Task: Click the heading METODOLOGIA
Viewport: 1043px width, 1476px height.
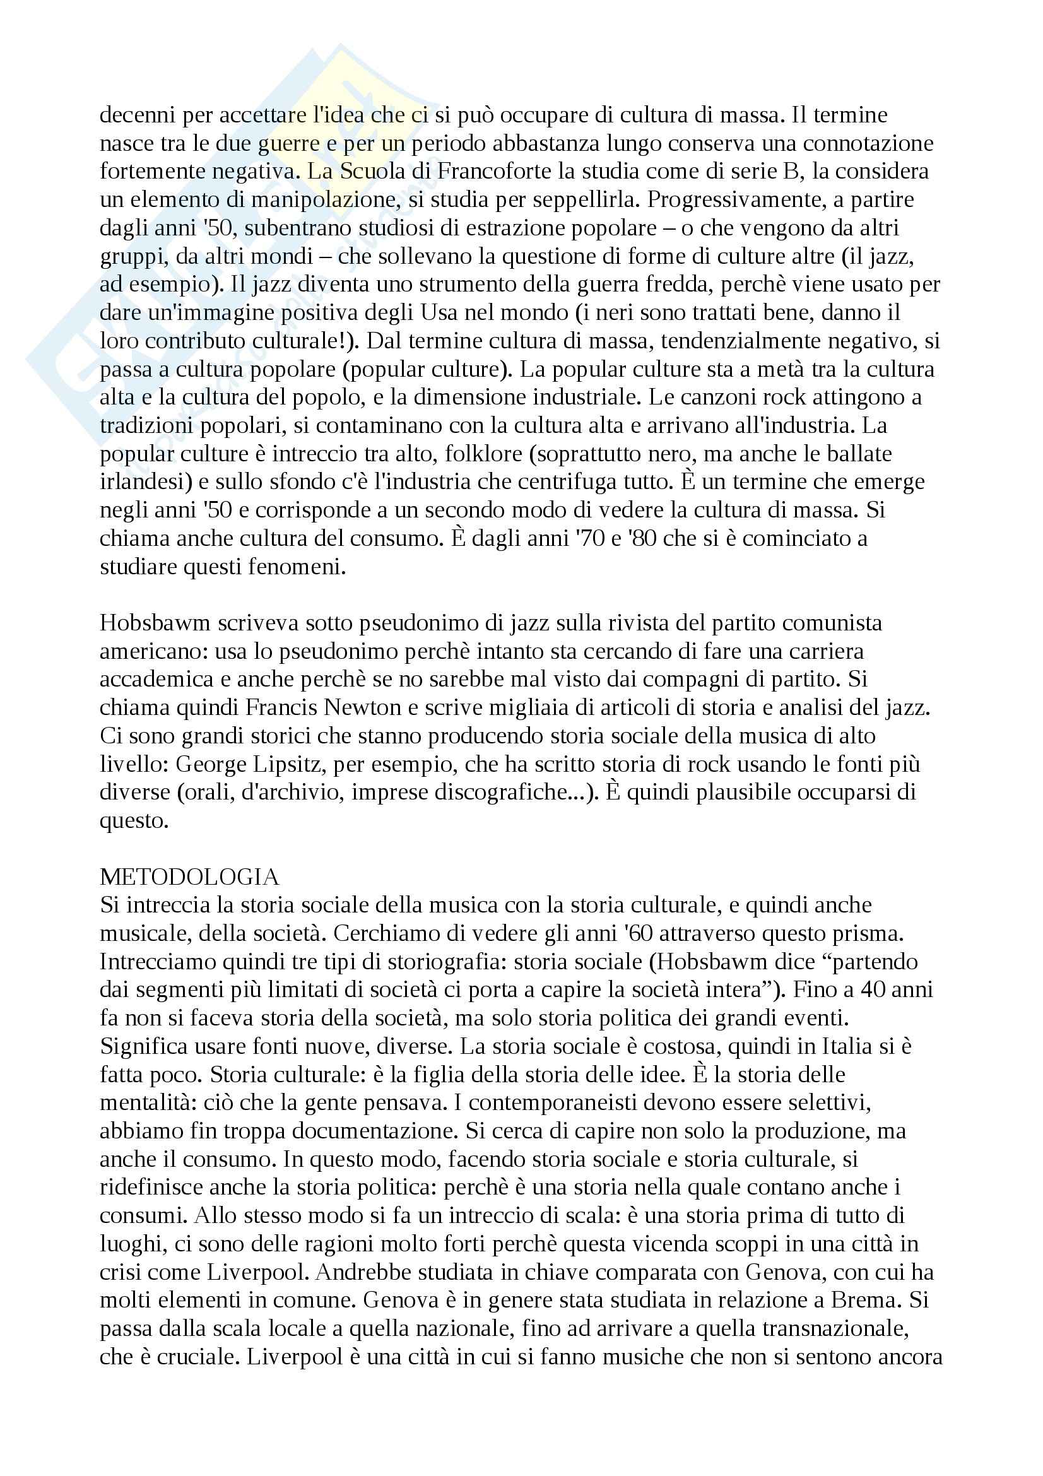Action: (189, 877)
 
